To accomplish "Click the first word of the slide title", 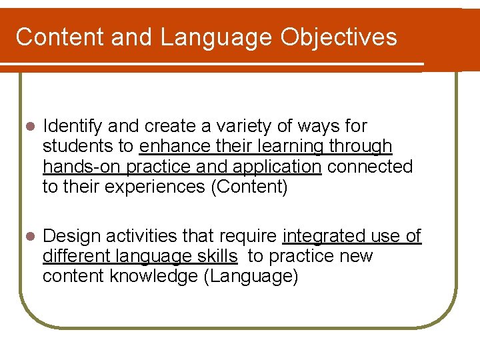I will click(59, 37).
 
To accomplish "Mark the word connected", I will click(370, 167).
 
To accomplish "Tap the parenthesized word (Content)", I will click(249, 187).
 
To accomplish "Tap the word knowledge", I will click(151, 277).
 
